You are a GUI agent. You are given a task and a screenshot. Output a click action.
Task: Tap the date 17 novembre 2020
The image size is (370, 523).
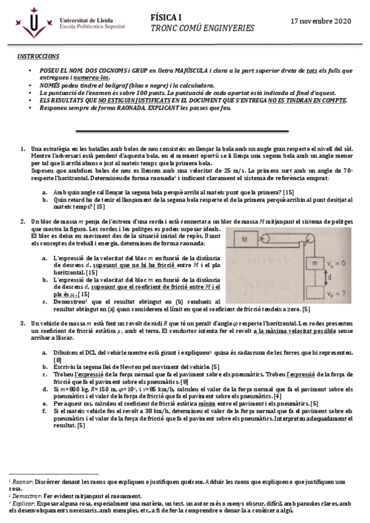(320, 21)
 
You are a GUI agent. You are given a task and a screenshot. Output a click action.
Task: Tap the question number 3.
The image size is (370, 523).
(23, 323)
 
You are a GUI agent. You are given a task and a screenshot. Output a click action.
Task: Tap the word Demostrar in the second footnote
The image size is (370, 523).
(26, 495)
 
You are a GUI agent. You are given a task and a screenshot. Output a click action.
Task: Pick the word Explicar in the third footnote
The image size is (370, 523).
(24, 503)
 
